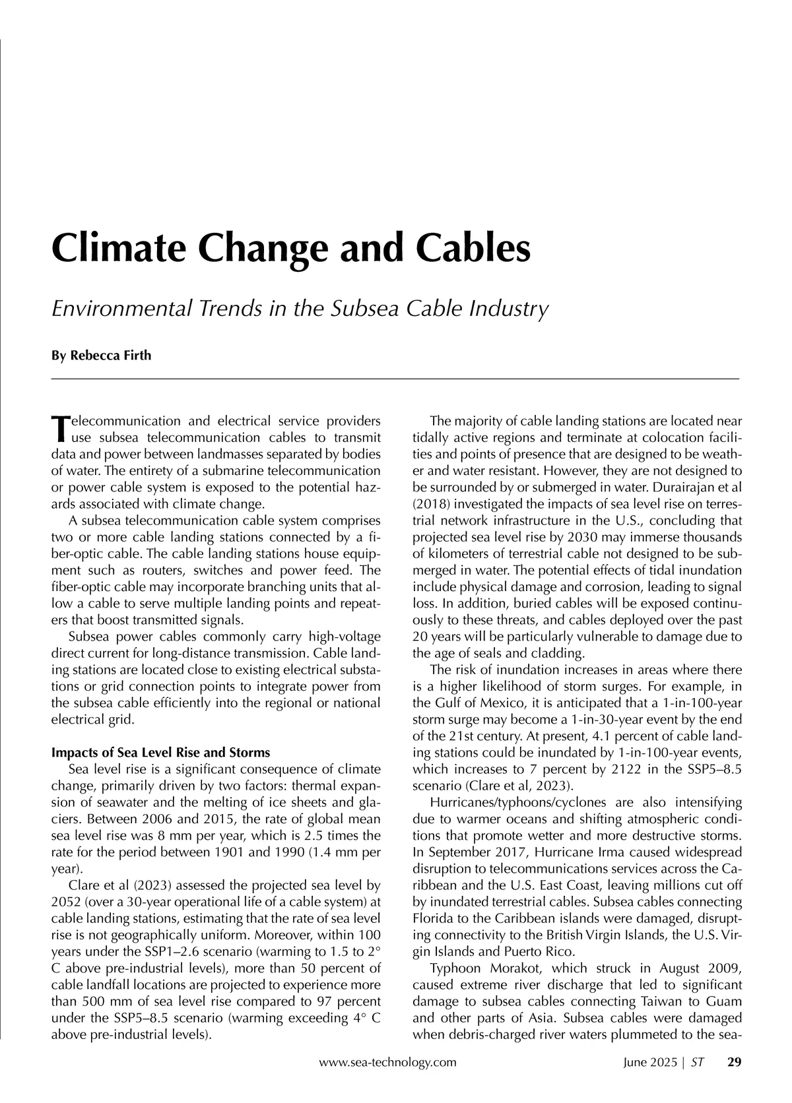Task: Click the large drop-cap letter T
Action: click(59, 429)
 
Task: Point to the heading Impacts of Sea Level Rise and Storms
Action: click(160, 753)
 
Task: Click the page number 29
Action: click(734, 1063)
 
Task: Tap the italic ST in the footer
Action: click(698, 1063)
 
